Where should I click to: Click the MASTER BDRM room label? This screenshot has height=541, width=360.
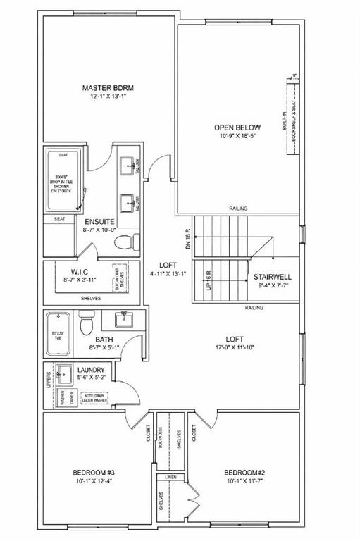click(108, 88)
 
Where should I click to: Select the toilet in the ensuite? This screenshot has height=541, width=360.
click(125, 242)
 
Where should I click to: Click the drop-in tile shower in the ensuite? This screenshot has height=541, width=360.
click(64, 181)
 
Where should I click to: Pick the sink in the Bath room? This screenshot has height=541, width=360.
click(124, 318)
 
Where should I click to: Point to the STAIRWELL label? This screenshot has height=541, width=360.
click(273, 278)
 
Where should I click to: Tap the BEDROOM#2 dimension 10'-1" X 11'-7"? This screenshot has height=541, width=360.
click(244, 481)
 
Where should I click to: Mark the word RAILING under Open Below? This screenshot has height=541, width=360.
click(238, 209)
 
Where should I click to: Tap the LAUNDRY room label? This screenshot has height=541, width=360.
click(92, 369)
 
